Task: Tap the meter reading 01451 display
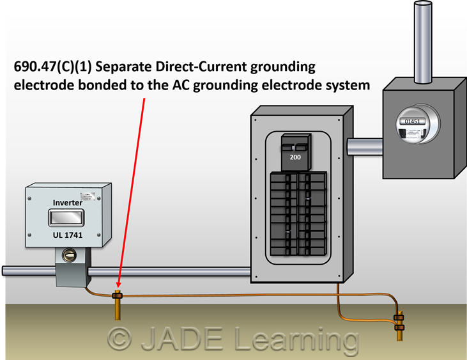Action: click(410, 120)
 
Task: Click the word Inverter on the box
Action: click(66, 203)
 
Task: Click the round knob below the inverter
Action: click(67, 256)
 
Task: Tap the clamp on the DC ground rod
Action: click(117, 295)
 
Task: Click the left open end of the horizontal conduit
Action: click(4, 271)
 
